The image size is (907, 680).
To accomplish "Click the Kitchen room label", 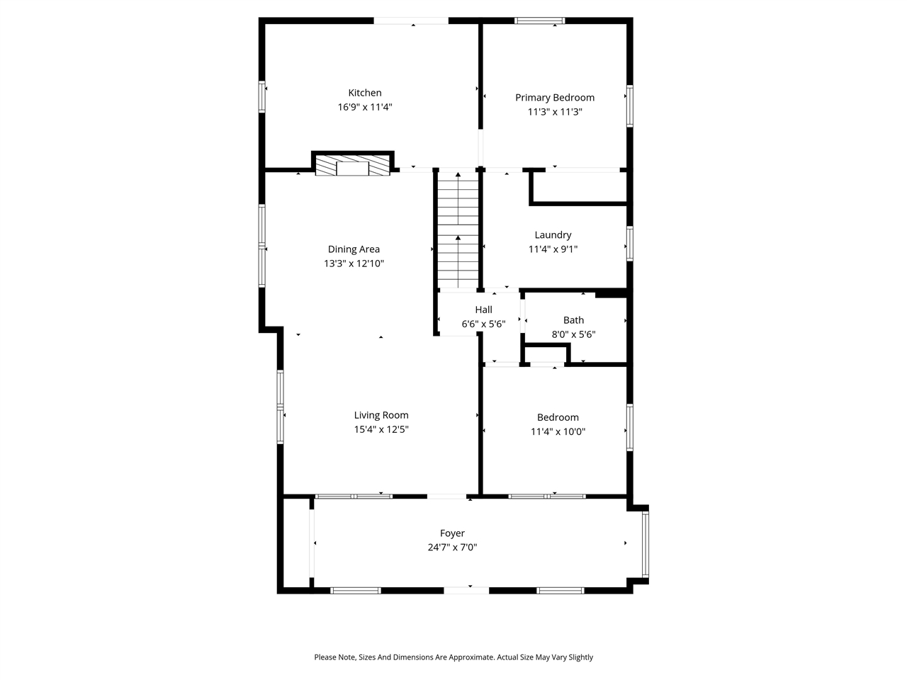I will tap(364, 93).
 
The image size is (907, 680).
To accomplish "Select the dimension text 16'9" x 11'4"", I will tap(364, 107).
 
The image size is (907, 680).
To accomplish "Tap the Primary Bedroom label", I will tap(554, 98).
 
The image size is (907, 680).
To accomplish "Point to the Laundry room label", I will tap(553, 235).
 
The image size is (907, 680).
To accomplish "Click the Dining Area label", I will tap(354, 249).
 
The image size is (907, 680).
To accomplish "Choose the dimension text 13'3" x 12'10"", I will tap(354, 263).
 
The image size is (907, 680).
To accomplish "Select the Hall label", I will tap(483, 310).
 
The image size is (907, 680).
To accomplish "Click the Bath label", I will tap(573, 320).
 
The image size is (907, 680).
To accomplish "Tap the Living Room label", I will tap(381, 415).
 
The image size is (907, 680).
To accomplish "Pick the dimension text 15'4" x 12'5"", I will tap(381, 429).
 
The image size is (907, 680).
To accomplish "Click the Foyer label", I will tap(452, 533).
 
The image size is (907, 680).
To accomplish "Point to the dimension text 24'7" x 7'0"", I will tap(452, 548).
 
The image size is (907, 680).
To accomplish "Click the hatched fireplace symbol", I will tap(352, 166).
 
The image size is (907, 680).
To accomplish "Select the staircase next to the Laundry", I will tap(458, 230).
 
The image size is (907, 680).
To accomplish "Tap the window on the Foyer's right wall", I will tap(645, 544).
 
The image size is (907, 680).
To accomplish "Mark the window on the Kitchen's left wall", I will tap(261, 96).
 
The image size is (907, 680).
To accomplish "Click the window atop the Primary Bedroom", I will tap(539, 21).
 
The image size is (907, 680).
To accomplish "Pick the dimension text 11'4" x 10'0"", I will tap(558, 432).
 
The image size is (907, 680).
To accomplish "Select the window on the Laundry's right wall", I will tap(629, 244).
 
